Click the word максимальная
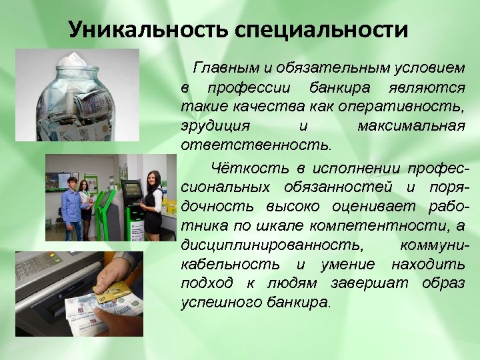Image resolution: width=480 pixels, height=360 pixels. tap(411, 125)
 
